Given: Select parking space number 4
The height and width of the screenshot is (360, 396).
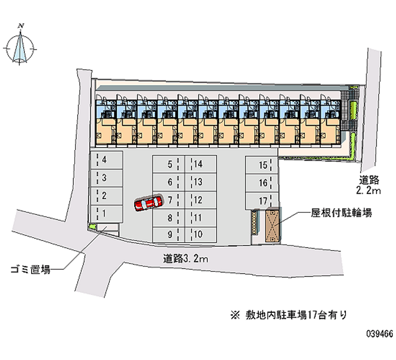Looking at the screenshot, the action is pyautogui.click(x=105, y=160).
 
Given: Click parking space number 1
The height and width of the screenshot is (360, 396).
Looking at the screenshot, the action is pyautogui.click(x=105, y=213).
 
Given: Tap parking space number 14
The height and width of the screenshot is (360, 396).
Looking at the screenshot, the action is pyautogui.click(x=200, y=164).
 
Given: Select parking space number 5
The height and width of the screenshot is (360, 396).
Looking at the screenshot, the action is pyautogui.click(x=169, y=164).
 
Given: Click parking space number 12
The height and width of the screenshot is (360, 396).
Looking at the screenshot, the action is pyautogui.click(x=200, y=200).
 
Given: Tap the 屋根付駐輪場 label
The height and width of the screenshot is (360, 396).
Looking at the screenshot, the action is pyautogui.click(x=342, y=213).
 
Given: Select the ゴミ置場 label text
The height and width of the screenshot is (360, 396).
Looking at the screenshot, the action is pyautogui.click(x=30, y=270).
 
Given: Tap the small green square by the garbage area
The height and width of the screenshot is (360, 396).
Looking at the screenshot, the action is pyautogui.click(x=92, y=226).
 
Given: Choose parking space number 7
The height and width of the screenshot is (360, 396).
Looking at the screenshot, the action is pyautogui.click(x=169, y=200).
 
